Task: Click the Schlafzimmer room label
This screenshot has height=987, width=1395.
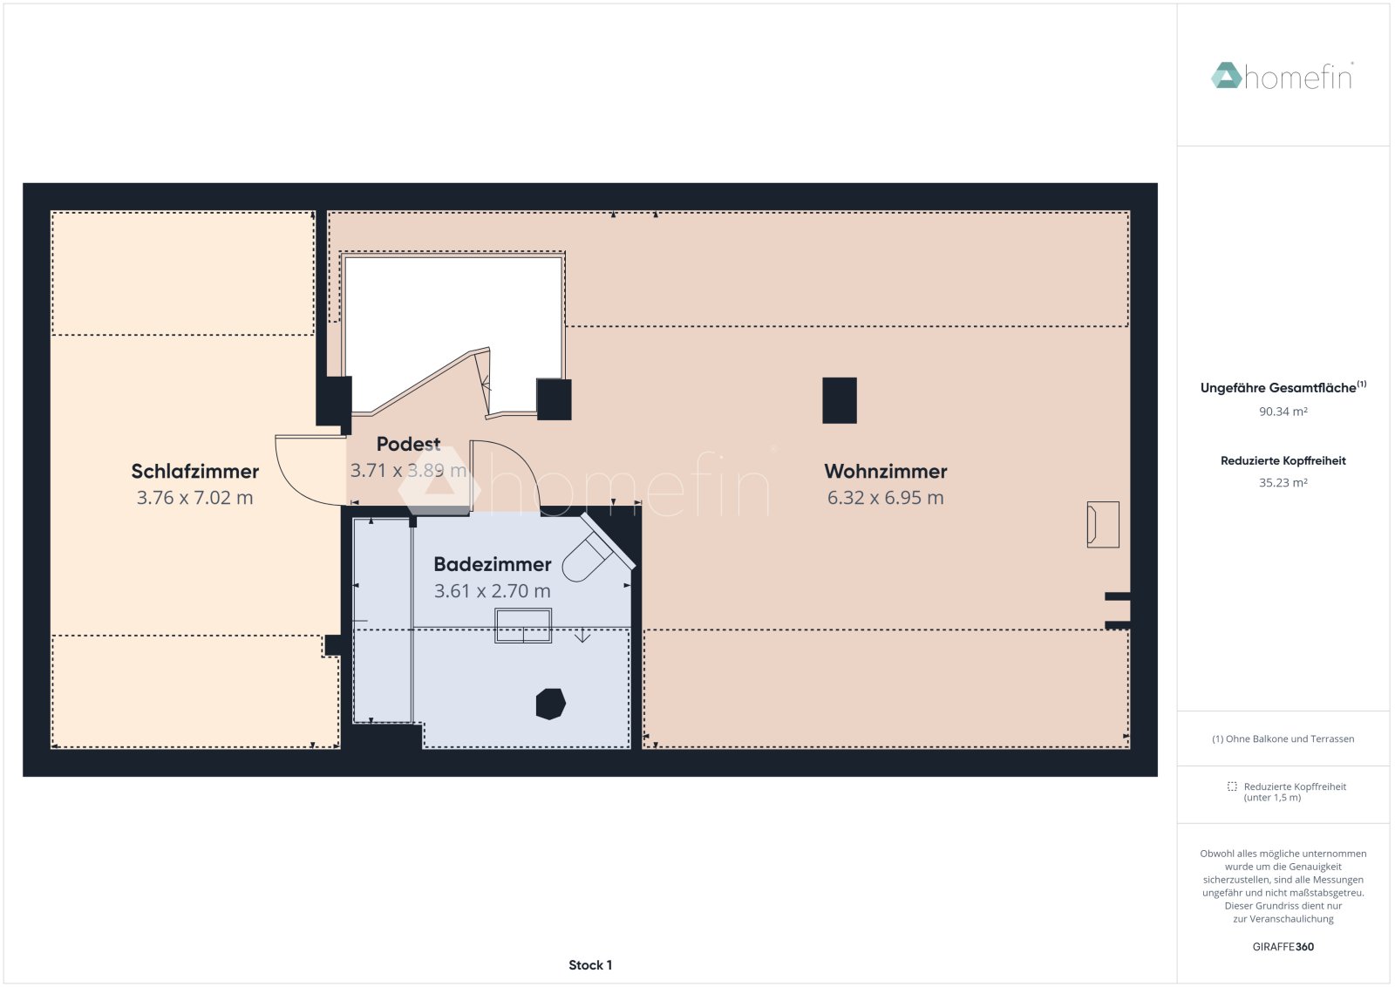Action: pyautogui.click(x=194, y=472)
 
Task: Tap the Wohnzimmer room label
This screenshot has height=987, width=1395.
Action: pyautogui.click(x=885, y=472)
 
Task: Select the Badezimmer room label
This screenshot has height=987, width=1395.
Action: pyautogui.click(x=492, y=565)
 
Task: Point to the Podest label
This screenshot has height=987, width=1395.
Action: pyautogui.click(x=408, y=445)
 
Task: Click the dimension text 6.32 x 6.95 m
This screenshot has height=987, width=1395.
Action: pyautogui.click(x=885, y=498)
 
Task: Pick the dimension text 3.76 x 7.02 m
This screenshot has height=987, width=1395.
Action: pyautogui.click(x=194, y=498)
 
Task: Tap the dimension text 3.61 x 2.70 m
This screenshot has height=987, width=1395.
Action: pyautogui.click(x=492, y=591)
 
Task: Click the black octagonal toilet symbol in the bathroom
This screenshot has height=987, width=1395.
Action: pyautogui.click(x=550, y=704)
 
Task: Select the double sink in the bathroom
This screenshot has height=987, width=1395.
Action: pyautogui.click(x=523, y=626)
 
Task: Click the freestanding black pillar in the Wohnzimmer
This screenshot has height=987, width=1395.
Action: pyautogui.click(x=839, y=400)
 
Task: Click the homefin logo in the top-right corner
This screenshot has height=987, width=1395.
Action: pyautogui.click(x=1282, y=77)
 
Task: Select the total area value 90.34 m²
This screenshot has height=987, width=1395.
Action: pyautogui.click(x=1283, y=412)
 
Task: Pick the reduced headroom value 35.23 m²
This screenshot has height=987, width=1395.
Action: pyautogui.click(x=1283, y=483)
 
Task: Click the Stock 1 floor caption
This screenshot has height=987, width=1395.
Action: pyautogui.click(x=590, y=965)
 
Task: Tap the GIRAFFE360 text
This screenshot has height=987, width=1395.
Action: pyautogui.click(x=1283, y=947)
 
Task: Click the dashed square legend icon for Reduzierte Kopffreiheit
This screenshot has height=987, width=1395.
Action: pyautogui.click(x=1232, y=786)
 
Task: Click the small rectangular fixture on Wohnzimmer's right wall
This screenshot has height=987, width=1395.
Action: pyautogui.click(x=1102, y=524)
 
